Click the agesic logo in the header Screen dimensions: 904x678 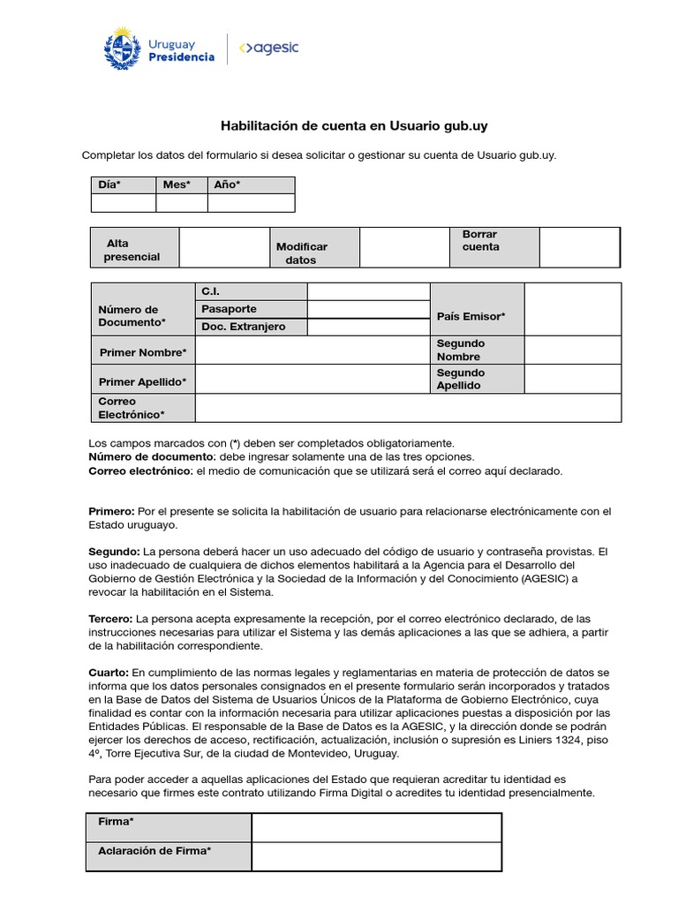pos(269,49)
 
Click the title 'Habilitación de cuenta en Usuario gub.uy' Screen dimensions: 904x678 pos(353,126)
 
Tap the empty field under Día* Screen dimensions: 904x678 pos(124,203)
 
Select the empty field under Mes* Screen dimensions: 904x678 pos(182,203)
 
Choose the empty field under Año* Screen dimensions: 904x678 pos(251,203)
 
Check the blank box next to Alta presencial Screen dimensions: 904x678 pos(223,247)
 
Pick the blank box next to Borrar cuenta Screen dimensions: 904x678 pos(578,247)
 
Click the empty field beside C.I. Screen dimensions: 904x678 pos(368,291)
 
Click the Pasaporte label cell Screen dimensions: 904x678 pos(251,309)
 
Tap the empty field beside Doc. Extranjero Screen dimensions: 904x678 pos(368,327)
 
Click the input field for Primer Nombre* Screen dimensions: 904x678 pos(312,350)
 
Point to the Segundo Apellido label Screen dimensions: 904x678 pos(460,380)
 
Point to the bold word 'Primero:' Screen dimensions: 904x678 pos(112,512)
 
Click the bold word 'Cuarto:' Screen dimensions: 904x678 pos(109,673)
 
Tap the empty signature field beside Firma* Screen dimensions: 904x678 pos(376,827)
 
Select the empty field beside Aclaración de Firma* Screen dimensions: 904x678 pos(376,856)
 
